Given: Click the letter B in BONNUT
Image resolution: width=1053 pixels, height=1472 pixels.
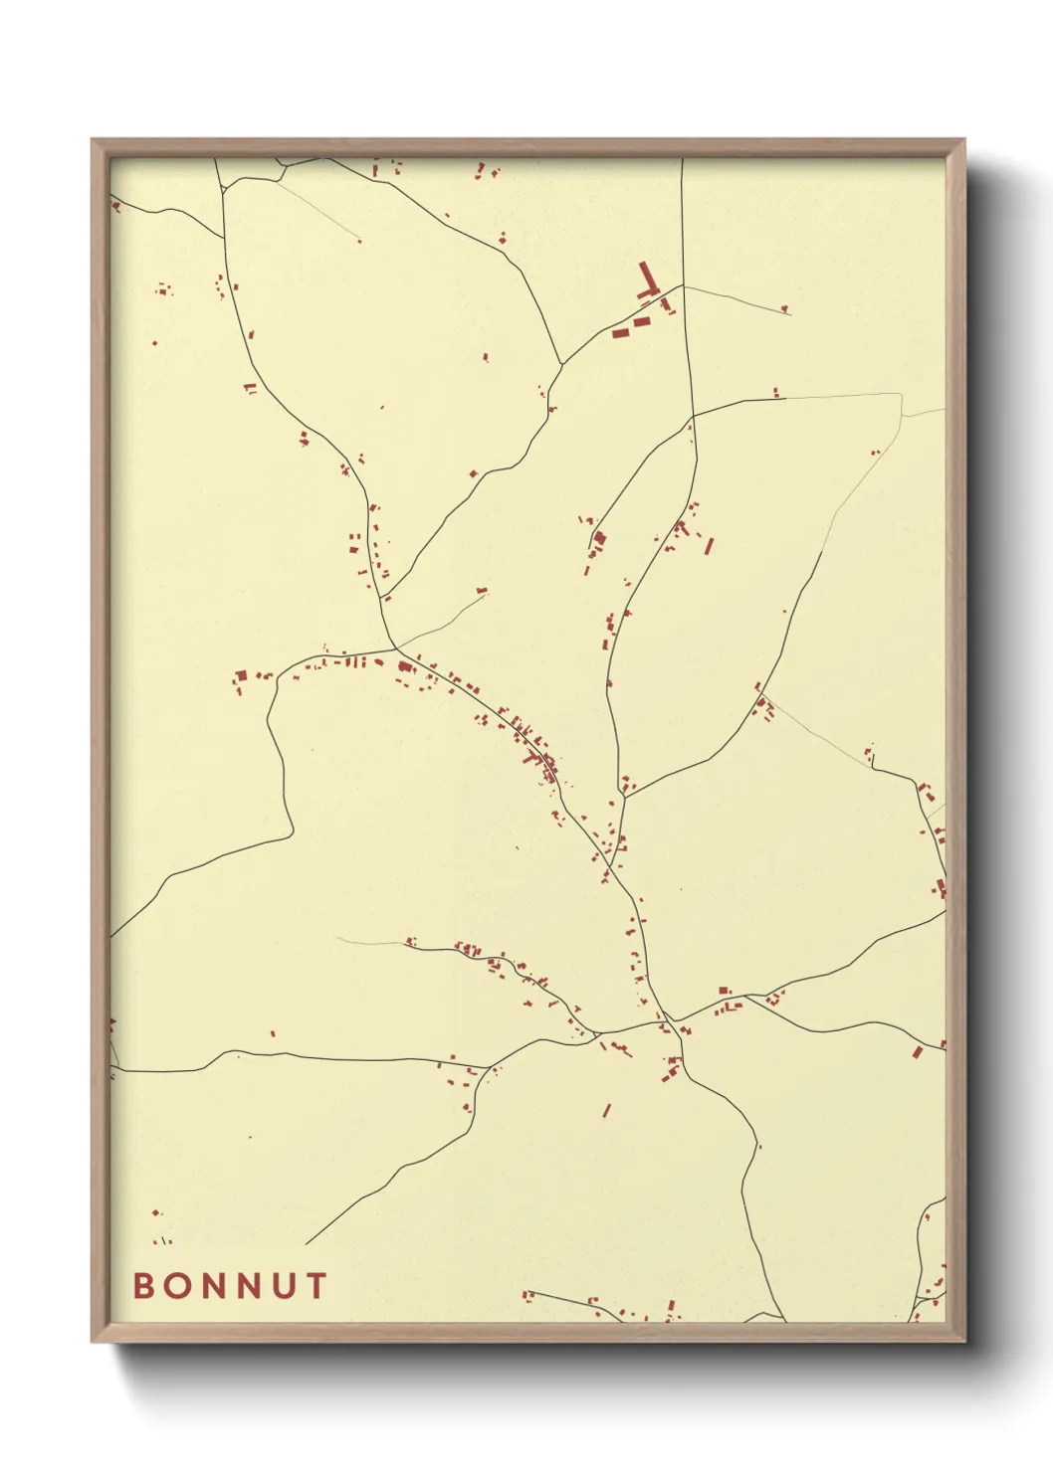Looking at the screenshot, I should coord(143,1285).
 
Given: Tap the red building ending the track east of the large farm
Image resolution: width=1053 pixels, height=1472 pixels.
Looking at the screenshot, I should coord(784,309).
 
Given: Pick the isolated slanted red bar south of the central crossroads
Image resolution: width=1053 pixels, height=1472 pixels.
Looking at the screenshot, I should coord(606,1110).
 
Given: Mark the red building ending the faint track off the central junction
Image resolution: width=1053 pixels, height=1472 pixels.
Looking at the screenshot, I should coord(482,591).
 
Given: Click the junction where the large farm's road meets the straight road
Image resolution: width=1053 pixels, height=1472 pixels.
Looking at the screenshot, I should coord(683,285).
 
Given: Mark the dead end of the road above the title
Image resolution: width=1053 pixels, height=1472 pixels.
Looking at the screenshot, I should coord(307,1243).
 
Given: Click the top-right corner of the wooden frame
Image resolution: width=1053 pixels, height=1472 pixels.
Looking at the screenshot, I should coord(963,140).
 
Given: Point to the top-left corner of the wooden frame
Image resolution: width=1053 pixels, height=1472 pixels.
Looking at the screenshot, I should coord(93,140).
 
